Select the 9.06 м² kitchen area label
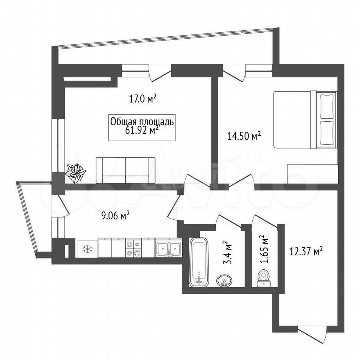point(116,216)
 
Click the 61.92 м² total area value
point(142,130)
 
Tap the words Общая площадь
point(142,122)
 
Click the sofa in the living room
point(126,170)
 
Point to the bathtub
point(199,262)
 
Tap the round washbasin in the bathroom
point(224,280)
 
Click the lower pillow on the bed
point(327,133)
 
